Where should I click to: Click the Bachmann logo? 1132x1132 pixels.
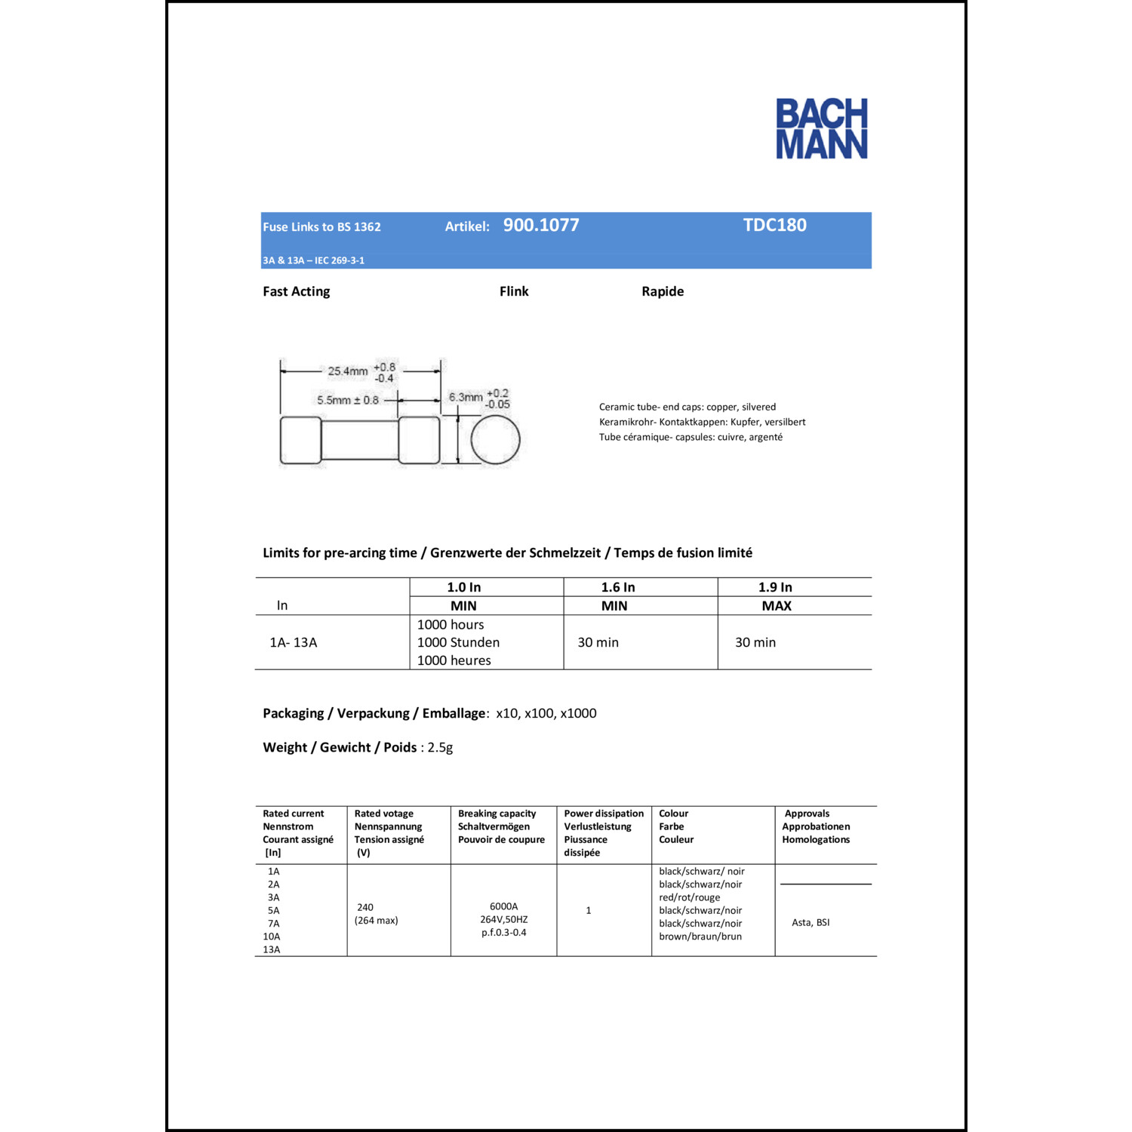coord(822,128)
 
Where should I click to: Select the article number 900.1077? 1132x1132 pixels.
coord(541,225)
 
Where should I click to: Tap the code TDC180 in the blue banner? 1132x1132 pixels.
coord(775,225)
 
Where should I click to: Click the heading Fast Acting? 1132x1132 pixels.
coord(296,291)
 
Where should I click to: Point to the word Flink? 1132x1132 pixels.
coord(514,291)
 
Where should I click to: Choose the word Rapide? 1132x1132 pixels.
coord(663,291)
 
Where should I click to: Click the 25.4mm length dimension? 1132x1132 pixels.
coord(348,371)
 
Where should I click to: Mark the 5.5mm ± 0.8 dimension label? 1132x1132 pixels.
coord(348,400)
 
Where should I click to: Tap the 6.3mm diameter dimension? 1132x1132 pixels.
coord(466,397)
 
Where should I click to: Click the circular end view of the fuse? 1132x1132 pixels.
coord(495,440)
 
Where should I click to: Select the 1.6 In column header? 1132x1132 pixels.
coord(617,587)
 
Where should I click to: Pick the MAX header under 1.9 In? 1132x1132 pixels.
coord(777,606)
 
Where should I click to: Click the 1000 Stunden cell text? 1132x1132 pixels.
coord(458,642)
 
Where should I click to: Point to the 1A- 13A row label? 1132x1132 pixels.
coord(294,642)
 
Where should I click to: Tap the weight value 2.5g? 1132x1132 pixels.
coord(440,747)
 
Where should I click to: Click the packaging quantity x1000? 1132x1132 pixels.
coord(578,713)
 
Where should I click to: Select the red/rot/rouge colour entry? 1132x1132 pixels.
coord(689,897)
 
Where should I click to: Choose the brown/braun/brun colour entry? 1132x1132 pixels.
coord(700,937)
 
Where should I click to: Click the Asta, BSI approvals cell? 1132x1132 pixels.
coord(811,922)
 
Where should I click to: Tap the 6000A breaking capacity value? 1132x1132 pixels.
coord(503,906)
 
